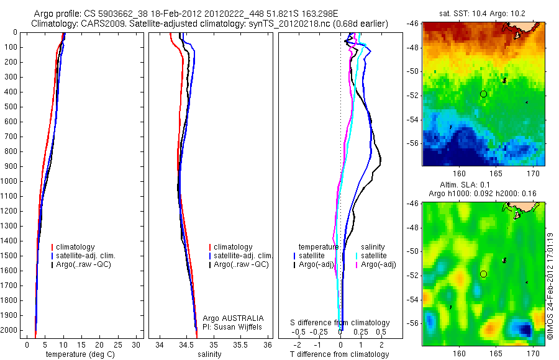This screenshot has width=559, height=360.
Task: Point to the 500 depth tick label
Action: (x=11, y=107)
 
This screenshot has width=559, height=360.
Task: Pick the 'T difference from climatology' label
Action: (x=339, y=354)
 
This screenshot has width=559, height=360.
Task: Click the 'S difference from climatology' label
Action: (x=340, y=323)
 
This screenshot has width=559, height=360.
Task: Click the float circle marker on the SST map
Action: (x=483, y=94)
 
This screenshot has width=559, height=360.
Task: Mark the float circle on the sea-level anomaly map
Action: (x=483, y=274)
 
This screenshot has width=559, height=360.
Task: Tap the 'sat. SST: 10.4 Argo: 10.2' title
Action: (x=483, y=12)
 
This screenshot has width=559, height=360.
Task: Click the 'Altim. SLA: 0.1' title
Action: (x=483, y=185)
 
